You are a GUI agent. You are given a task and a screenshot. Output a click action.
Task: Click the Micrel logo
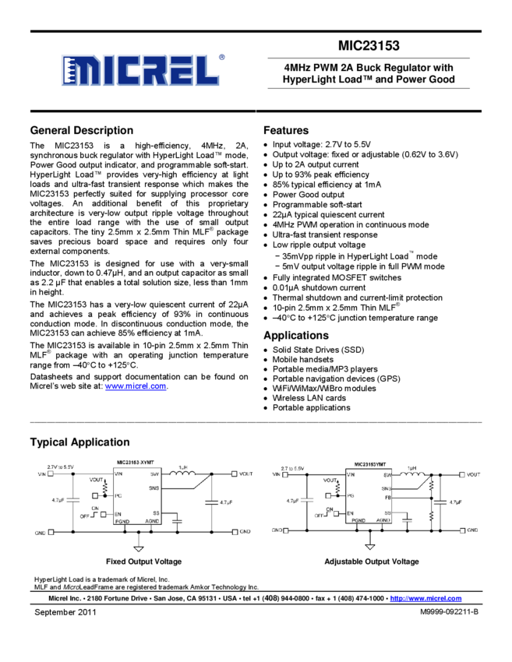(x=140, y=70)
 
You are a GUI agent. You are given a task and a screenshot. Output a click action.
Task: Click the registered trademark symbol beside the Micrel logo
(x=222, y=57)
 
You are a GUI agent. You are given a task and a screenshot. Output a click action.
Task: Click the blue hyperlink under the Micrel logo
(x=136, y=386)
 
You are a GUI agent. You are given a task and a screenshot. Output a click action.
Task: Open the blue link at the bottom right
(x=425, y=598)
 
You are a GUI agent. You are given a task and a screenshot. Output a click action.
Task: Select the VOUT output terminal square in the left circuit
(x=235, y=474)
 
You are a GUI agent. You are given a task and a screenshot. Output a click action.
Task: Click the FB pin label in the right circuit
(x=387, y=497)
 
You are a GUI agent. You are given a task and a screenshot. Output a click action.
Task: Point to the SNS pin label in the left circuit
(x=154, y=488)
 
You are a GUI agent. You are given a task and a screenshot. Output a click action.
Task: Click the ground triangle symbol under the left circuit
(x=139, y=548)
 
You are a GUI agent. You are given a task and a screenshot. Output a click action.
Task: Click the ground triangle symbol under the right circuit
(x=369, y=546)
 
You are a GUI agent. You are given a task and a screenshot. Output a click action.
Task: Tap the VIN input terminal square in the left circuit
(x=52, y=474)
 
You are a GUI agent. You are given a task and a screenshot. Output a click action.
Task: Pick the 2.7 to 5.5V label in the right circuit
(x=293, y=467)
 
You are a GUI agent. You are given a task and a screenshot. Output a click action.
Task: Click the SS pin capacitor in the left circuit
(x=178, y=518)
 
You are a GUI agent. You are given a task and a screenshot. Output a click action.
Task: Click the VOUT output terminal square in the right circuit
(x=463, y=474)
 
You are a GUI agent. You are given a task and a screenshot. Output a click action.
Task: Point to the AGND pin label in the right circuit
(x=383, y=519)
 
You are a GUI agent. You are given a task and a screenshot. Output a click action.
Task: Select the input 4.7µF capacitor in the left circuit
(x=72, y=500)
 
